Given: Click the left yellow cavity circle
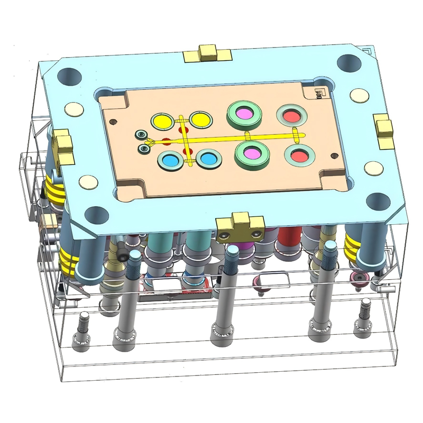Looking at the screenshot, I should (162, 121).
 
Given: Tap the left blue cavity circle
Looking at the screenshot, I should (170, 159).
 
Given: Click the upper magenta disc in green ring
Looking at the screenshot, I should (245, 113).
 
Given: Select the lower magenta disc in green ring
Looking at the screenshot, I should (252, 153).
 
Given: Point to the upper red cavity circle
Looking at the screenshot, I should (291, 114).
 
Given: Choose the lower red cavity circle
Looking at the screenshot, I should (299, 155).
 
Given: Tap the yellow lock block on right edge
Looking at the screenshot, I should (384, 130).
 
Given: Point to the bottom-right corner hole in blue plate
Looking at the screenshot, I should (378, 200).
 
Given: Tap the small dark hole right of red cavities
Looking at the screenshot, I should (334, 155).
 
